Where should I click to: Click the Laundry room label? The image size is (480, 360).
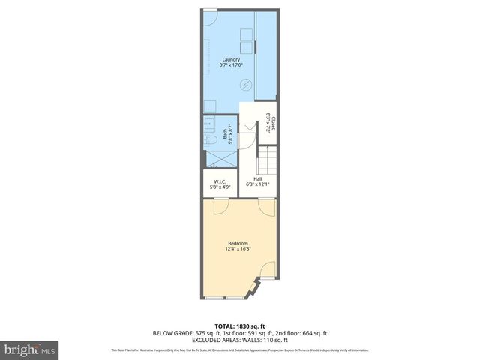pos(230,59)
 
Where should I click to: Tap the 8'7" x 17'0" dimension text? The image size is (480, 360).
pos(230,65)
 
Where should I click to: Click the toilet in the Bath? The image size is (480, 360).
pos(211,139)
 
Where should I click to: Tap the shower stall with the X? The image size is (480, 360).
pos(219,158)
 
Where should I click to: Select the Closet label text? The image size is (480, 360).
pos(273,122)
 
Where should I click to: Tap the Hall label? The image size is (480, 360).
pos(257,179)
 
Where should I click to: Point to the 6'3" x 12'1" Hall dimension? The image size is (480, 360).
pos(257,184)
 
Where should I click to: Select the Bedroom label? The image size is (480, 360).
pos(239,243)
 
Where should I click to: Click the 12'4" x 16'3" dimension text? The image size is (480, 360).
pos(239,249)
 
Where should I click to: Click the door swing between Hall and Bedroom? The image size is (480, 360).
pos(266,205)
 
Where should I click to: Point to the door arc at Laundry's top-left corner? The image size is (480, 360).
pos(211,16)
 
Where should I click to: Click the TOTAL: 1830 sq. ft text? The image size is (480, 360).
pos(240,325)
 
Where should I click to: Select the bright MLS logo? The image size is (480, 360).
pos(30,349)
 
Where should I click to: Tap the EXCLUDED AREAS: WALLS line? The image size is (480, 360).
pos(240,340)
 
